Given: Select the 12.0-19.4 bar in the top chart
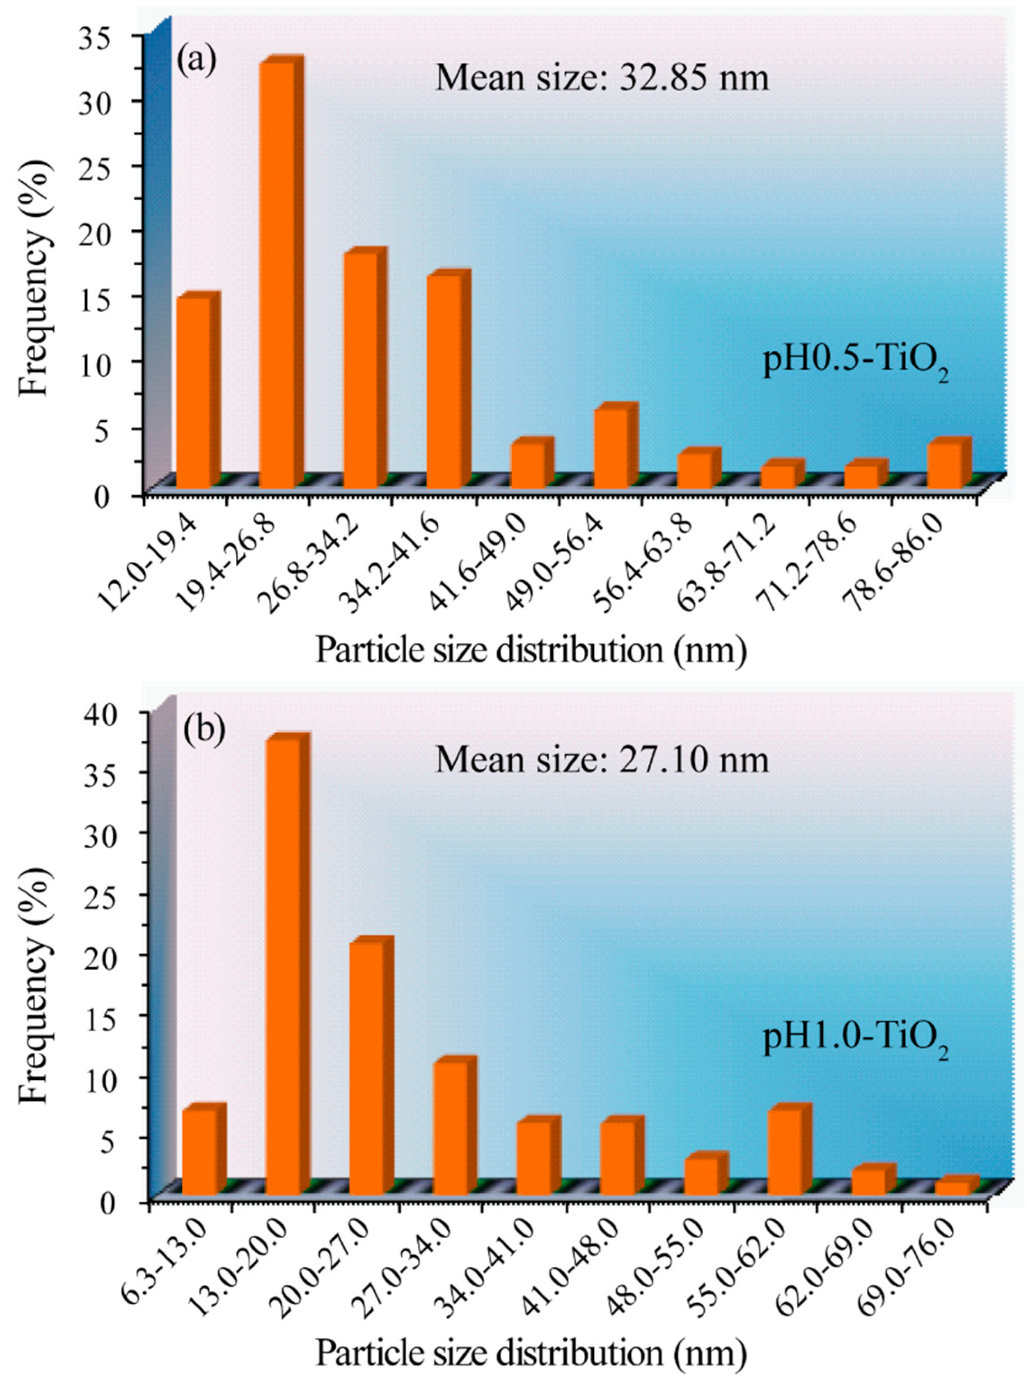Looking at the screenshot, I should tap(194, 392).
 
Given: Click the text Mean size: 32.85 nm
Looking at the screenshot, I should tap(602, 79).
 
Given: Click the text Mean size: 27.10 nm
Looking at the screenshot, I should tap(602, 760).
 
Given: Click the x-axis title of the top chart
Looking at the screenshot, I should tap(531, 650).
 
